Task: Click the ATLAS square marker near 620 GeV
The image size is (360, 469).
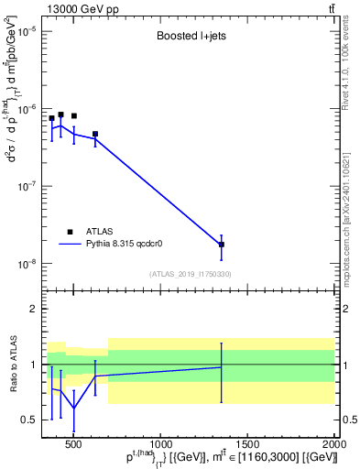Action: tap(94, 134)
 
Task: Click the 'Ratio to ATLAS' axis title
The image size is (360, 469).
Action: tap(12, 364)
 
